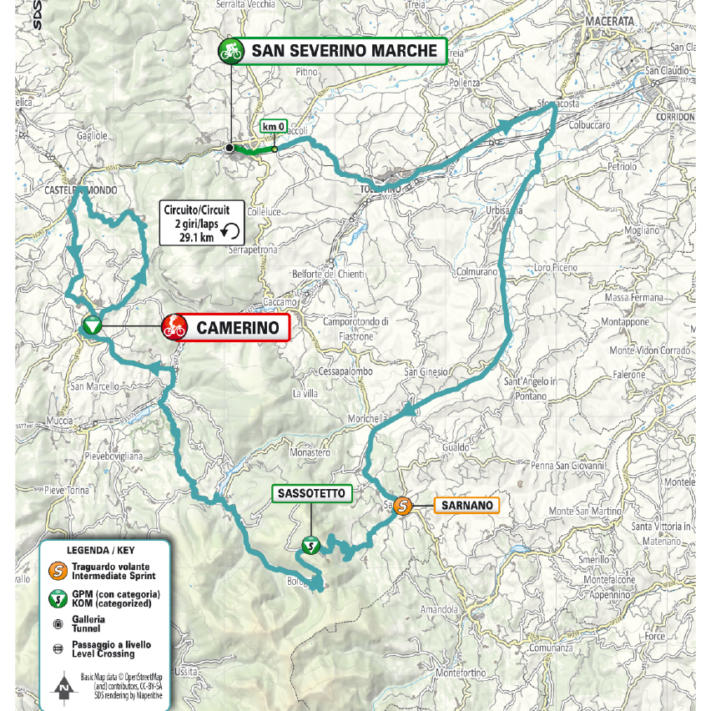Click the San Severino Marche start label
tap(343, 51)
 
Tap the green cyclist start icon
tap(229, 51)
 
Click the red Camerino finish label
tap(237, 328)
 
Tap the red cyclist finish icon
tap(174, 327)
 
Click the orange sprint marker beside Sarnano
tap(402, 506)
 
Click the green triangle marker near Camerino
tap(92, 325)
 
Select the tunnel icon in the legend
tap(58, 623)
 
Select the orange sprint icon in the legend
tap(58, 571)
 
